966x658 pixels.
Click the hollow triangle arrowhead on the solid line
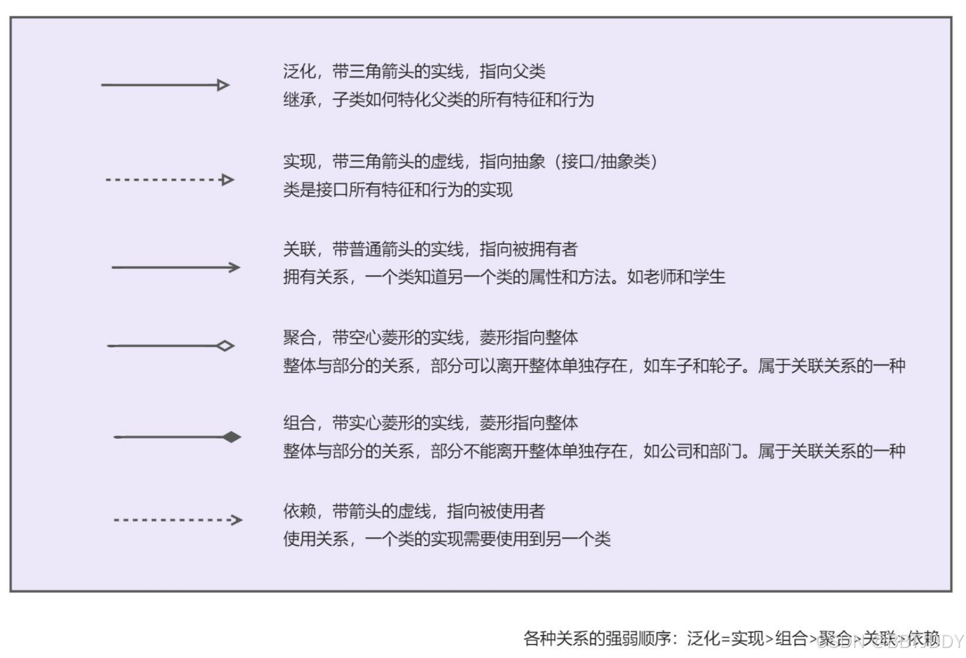223,85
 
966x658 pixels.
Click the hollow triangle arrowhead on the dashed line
227,180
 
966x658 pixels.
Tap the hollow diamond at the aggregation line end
225,346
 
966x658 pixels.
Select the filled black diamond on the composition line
232,437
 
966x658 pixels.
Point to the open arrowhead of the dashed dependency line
237,520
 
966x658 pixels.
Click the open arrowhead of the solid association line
235,267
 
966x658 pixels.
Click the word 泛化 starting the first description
299,71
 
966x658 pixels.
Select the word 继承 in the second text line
299,100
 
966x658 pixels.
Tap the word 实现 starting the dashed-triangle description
299,162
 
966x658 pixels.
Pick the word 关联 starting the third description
299,250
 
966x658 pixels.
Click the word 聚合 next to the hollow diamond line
299,338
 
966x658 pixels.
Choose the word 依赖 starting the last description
299,511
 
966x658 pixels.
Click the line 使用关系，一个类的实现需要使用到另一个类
447,539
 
